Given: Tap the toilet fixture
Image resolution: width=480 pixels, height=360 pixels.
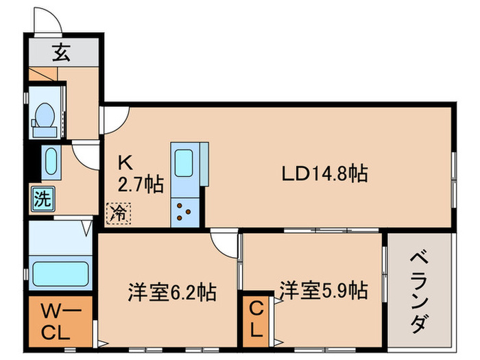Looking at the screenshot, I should [x=45, y=115].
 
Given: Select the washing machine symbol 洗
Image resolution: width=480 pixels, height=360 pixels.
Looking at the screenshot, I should [x=43, y=200].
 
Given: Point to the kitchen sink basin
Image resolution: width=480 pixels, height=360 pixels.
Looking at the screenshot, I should [x=184, y=164].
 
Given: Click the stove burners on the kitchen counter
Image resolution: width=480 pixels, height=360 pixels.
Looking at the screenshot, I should [x=184, y=211].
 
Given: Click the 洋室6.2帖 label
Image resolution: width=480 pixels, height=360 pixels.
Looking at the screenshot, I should [x=172, y=293].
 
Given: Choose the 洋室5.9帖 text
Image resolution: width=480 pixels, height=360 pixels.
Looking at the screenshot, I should [x=322, y=290].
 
